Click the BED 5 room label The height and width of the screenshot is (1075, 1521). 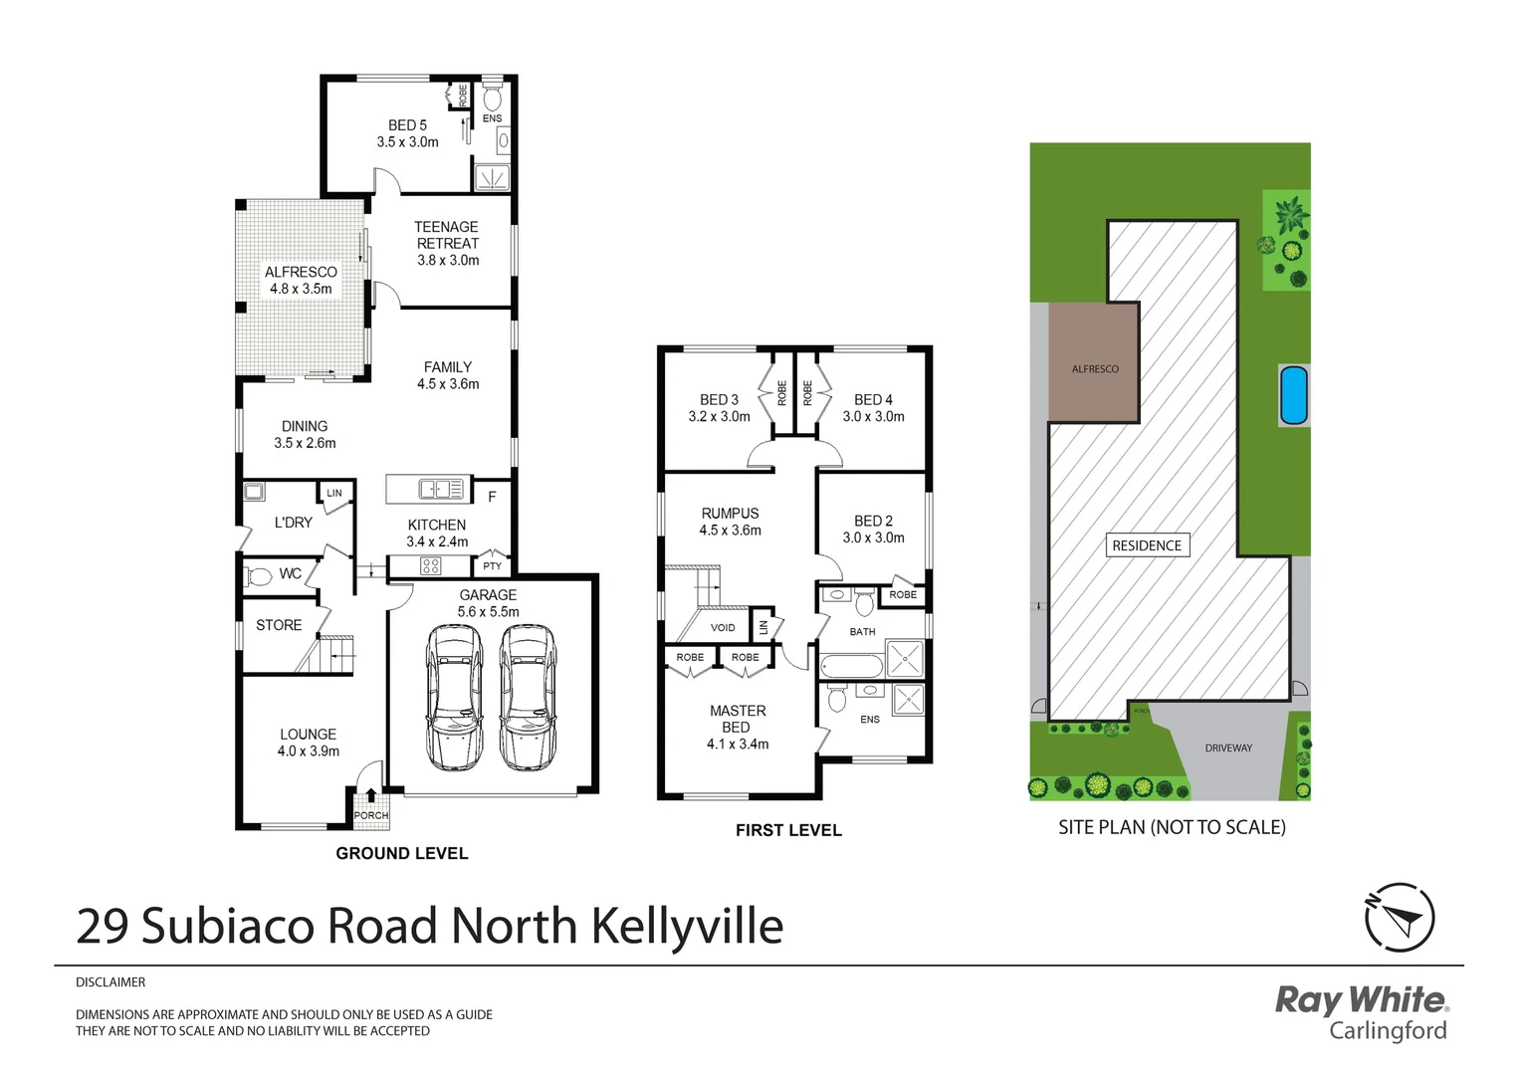(x=407, y=133)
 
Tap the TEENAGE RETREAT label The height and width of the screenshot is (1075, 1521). (x=447, y=243)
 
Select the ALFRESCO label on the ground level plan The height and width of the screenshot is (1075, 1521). (x=301, y=280)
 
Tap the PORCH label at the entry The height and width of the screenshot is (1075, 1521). (x=371, y=815)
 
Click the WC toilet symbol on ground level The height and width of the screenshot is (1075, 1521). (x=260, y=576)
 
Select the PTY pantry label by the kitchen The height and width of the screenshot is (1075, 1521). (x=492, y=566)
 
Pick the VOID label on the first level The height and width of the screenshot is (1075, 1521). (x=723, y=628)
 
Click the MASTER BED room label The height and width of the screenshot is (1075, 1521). (x=738, y=727)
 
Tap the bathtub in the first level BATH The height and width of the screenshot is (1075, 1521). (x=851, y=666)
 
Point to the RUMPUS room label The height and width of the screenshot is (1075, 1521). (x=730, y=522)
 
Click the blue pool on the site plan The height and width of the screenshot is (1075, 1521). (x=1293, y=395)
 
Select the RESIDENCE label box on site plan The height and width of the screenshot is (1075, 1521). (x=1147, y=545)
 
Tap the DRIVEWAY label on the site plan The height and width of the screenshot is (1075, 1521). (x=1228, y=748)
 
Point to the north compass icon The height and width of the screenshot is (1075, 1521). (x=1399, y=917)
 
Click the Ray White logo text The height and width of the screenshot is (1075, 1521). (x=1360, y=999)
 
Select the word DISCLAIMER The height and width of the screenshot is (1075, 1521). (x=110, y=982)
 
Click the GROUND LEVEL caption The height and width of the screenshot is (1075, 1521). (x=401, y=853)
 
